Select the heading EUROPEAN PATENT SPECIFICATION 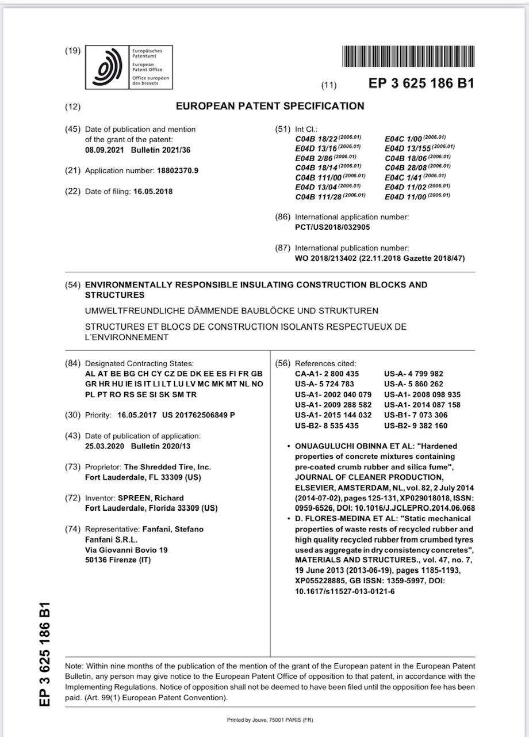tap(270, 106)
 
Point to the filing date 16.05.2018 tap(153, 191)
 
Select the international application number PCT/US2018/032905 tap(332, 227)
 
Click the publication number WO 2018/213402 tap(325, 259)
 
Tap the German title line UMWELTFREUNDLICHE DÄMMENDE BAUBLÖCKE tap(232, 311)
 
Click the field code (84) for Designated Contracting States tap(73, 363)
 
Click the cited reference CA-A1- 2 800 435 tap(327, 374)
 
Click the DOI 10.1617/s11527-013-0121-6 tap(344, 591)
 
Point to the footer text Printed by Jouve tap(270, 720)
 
